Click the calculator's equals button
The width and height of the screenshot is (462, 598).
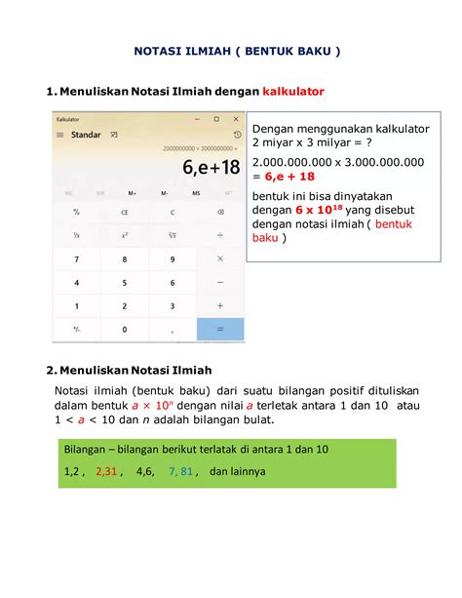(220, 329)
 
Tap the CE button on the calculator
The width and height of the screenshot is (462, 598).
(125, 212)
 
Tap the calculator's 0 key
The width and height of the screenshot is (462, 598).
(125, 329)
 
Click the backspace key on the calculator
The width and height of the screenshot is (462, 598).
(220, 212)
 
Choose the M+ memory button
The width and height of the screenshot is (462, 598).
(132, 193)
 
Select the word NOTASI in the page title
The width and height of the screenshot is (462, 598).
(160, 51)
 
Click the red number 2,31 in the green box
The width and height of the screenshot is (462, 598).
(106, 471)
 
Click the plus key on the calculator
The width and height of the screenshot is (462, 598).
(220, 305)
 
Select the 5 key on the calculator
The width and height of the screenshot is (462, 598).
(125, 282)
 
